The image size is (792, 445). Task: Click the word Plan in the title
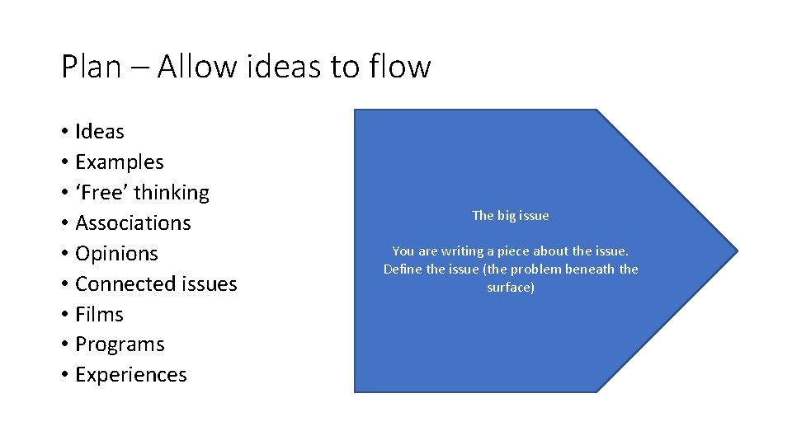coord(92,66)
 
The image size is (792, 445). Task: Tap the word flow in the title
coord(401,66)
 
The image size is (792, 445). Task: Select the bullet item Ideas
coord(99,132)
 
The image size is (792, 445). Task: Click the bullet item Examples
coord(119,162)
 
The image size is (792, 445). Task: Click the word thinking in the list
coord(172,193)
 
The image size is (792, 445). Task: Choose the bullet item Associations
coord(133,223)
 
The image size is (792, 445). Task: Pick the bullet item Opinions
coord(116,254)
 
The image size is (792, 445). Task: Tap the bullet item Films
coord(99,315)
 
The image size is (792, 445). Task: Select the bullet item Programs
coord(120,344)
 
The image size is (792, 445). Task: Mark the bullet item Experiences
coord(130,375)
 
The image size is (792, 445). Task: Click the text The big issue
coord(510,216)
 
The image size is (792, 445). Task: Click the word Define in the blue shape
coord(403,269)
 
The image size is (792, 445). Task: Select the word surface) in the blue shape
coord(511,288)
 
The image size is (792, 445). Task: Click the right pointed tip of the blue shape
coord(736,251)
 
